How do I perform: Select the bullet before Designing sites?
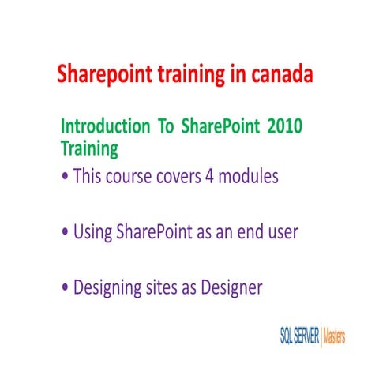[x=65, y=288]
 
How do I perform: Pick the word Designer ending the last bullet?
[x=234, y=288]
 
